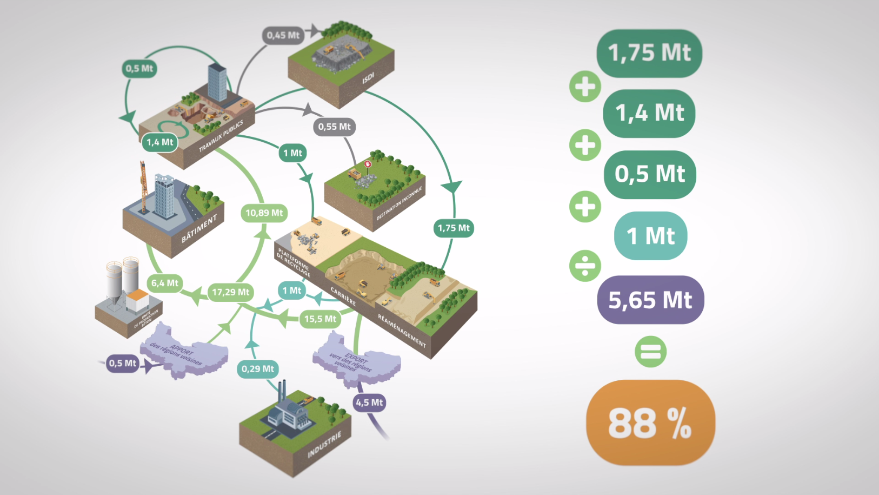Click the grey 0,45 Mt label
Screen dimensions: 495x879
(x=283, y=35)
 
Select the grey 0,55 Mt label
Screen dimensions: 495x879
(x=334, y=127)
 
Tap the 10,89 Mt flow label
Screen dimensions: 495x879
(x=264, y=213)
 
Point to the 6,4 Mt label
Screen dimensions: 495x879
(x=164, y=283)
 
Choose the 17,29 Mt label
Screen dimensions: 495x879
(x=230, y=292)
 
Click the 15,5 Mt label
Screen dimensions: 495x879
(x=320, y=319)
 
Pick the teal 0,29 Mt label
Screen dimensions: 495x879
(x=257, y=369)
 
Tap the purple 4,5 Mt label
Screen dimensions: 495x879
(x=369, y=402)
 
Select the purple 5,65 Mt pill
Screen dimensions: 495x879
(x=650, y=300)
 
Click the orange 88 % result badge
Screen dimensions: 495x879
(x=650, y=423)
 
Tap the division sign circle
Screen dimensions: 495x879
(x=585, y=266)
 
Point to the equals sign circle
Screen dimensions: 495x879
(x=650, y=352)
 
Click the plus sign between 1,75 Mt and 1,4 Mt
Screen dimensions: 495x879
(x=585, y=87)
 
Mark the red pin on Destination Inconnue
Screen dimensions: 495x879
(x=368, y=163)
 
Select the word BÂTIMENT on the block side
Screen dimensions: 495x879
(x=199, y=228)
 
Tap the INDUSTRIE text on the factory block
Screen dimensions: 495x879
(x=324, y=445)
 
